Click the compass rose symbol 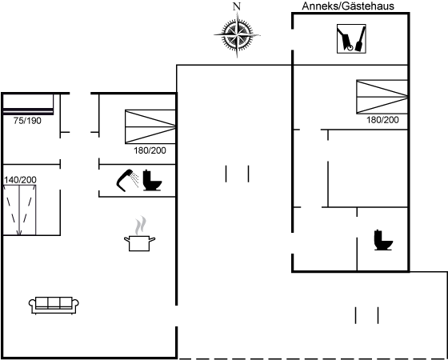point(237,35)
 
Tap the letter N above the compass point(237,6)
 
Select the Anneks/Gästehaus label point(348,6)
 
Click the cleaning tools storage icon point(351,38)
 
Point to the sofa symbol point(54,305)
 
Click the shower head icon point(125,180)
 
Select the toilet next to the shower point(152,180)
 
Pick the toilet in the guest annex point(383,240)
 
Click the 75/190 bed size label point(27,121)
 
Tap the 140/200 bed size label point(20,180)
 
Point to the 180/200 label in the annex point(382,120)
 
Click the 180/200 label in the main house point(150,150)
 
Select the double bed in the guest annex point(382,97)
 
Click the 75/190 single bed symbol point(28,104)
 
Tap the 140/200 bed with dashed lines point(19,210)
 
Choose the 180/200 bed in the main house point(150,126)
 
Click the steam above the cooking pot point(140,226)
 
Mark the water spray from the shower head point(135,180)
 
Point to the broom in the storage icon point(360,39)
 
